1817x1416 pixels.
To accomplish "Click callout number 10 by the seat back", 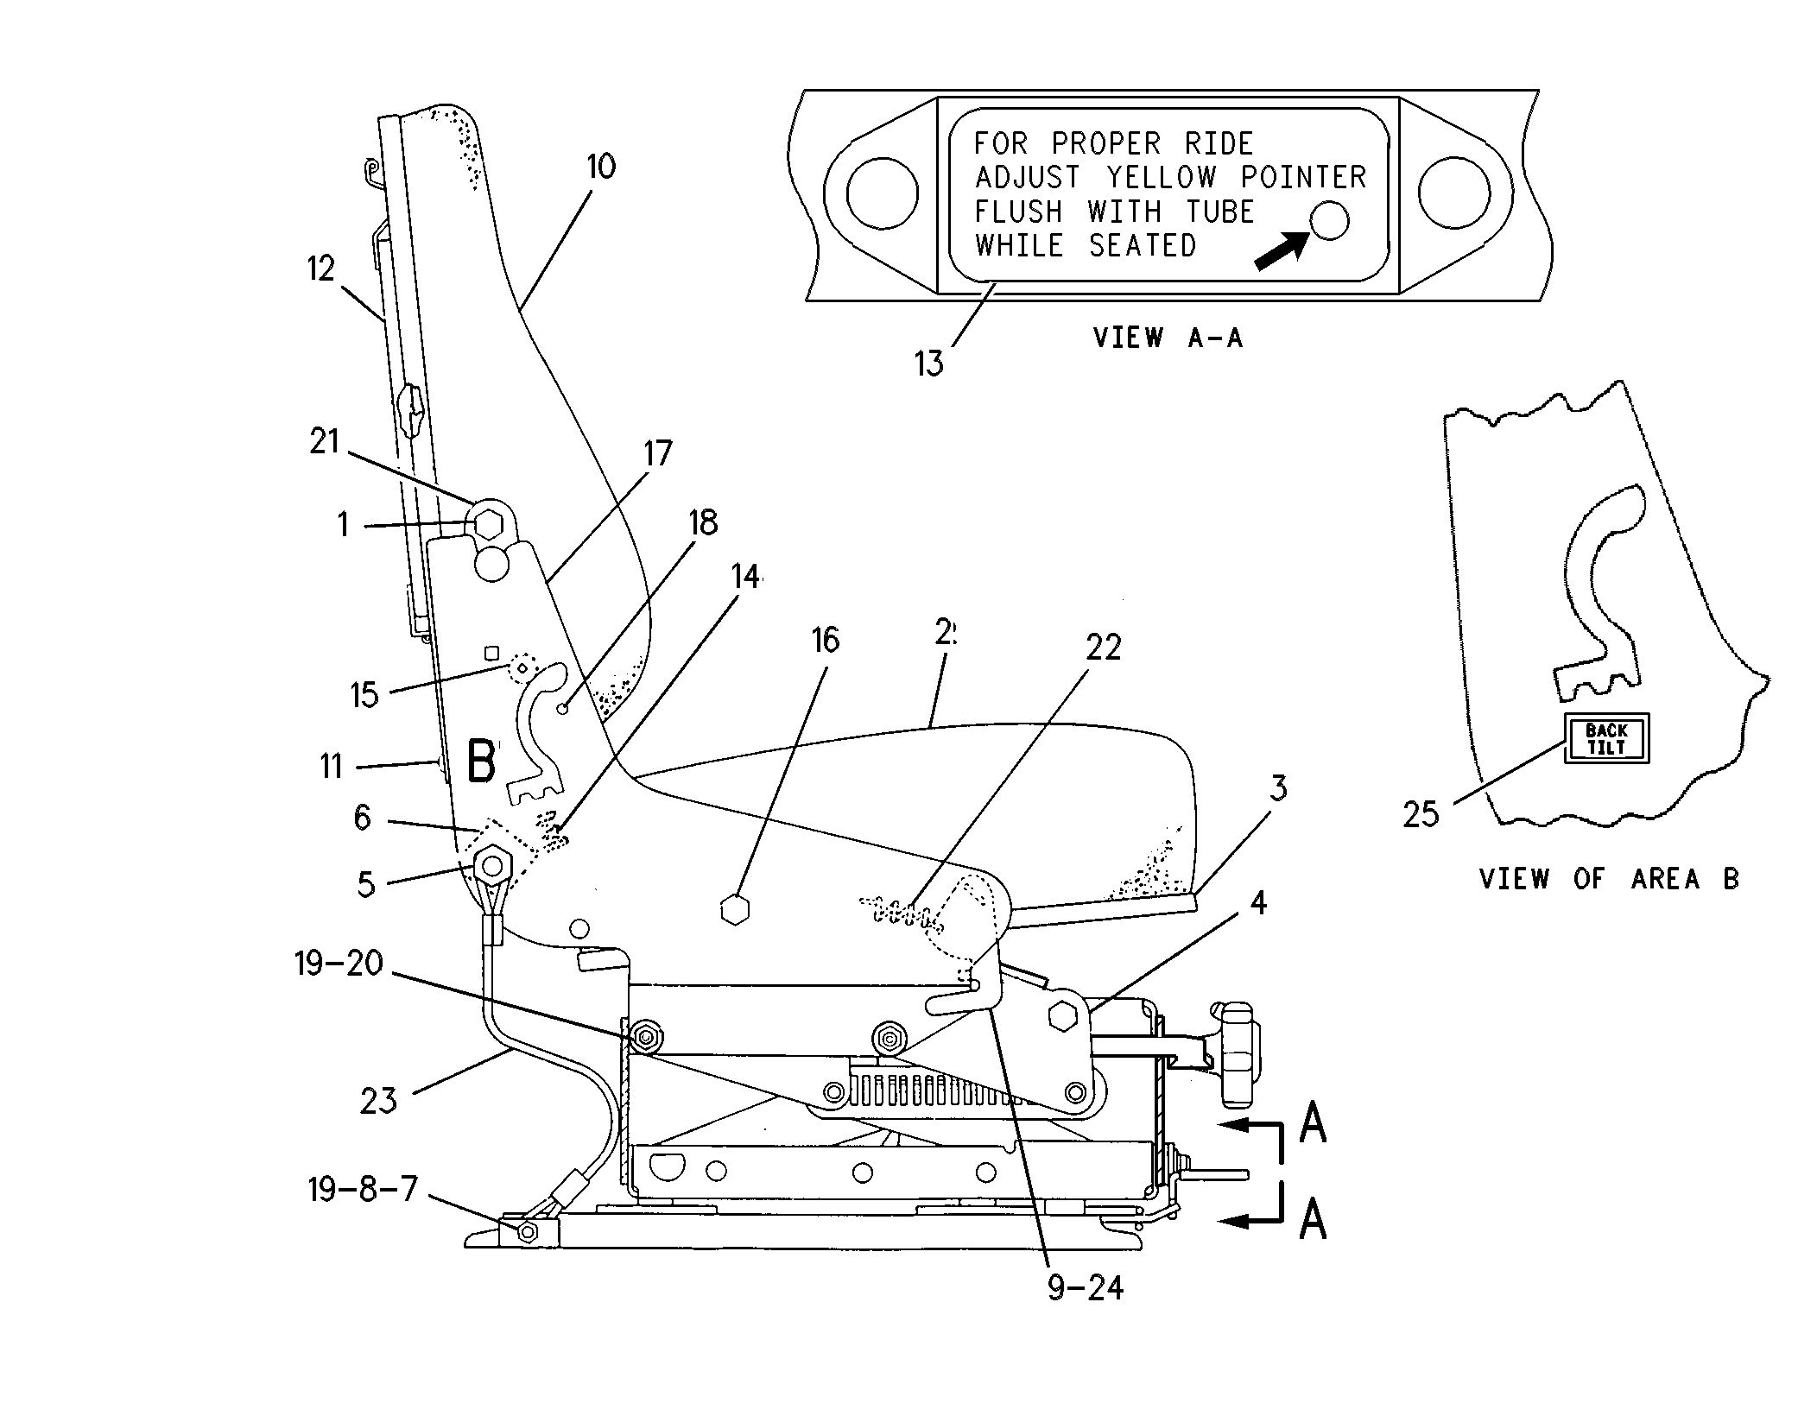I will [601, 166].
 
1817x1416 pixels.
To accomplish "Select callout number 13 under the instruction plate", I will [929, 363].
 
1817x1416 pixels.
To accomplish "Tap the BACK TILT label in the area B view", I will [1606, 739].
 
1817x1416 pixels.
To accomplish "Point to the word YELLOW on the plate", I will [1161, 178].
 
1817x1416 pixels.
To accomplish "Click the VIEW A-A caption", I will [1168, 338].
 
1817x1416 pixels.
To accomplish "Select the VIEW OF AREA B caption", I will [1609, 880].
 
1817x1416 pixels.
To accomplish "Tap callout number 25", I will [1421, 814].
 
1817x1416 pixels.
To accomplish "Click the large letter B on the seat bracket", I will [481, 761].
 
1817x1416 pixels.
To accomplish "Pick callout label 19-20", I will [339, 963].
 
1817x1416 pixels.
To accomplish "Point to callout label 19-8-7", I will [363, 1189].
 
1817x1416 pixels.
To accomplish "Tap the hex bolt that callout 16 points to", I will [734, 910].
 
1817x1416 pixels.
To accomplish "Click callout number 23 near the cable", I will [378, 1101].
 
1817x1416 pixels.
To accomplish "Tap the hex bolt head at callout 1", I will [488, 523].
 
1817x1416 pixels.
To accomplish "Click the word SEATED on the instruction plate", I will [1142, 246].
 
